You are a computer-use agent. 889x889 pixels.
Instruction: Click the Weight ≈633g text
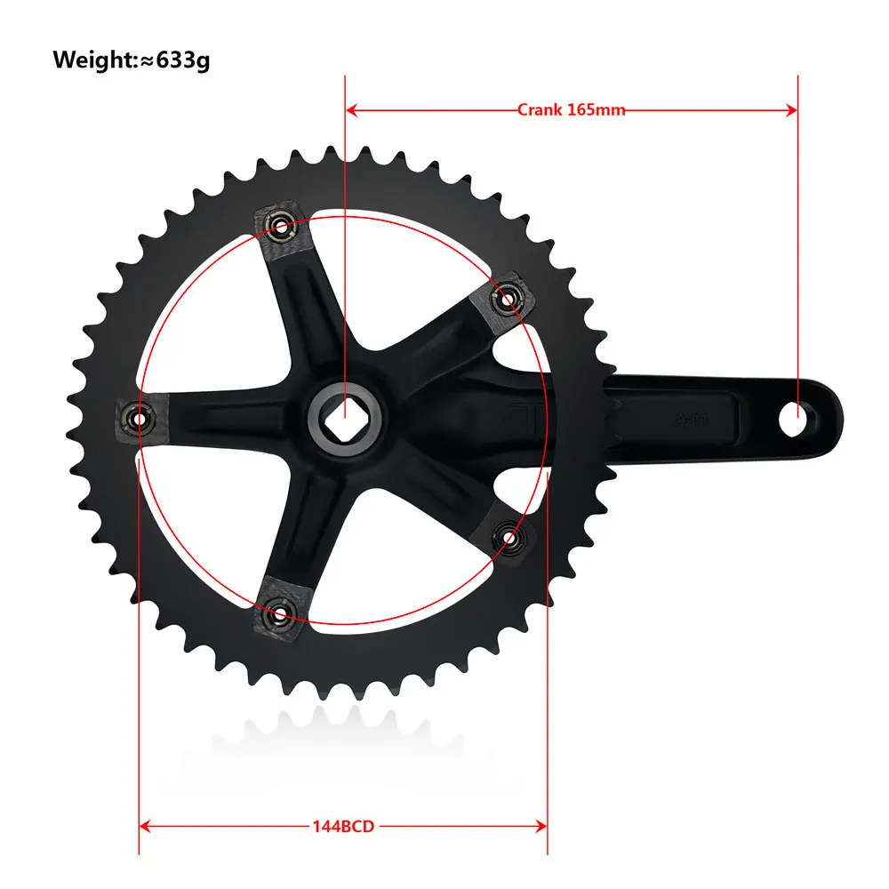[132, 60]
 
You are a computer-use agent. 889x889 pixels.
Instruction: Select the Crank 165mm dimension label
[571, 109]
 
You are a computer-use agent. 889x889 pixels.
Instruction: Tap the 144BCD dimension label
[343, 826]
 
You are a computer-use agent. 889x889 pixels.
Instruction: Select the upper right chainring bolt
[508, 298]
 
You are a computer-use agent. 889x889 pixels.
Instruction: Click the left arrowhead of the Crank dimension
[351, 109]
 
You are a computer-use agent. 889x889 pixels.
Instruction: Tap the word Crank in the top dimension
[540, 109]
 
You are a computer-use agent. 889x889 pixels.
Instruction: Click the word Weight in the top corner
[92, 60]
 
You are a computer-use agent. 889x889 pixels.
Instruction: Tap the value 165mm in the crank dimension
[595, 109]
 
